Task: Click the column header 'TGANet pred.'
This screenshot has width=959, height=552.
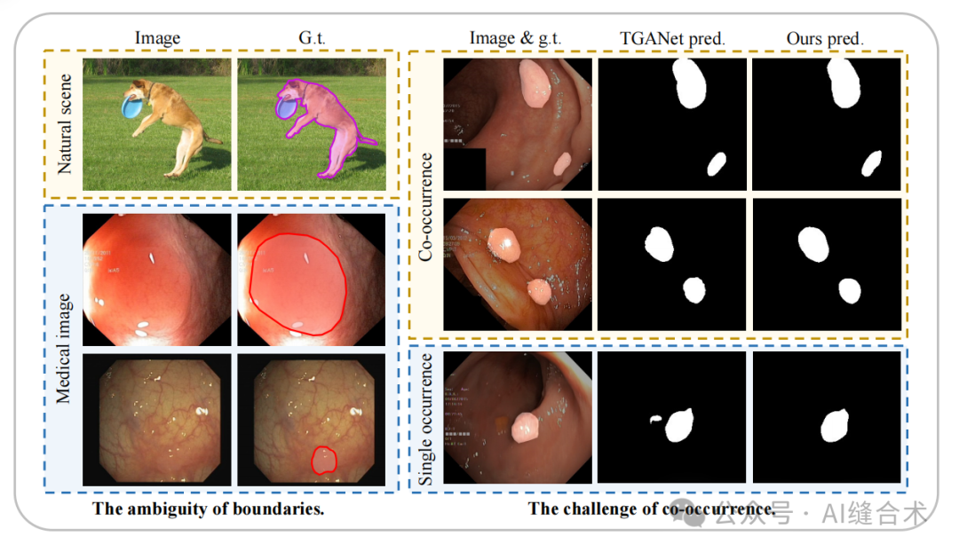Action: (672, 38)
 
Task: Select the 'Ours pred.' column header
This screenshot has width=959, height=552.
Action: (825, 38)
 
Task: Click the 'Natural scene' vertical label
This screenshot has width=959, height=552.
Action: (64, 123)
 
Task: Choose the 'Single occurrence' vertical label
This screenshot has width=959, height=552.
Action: (426, 420)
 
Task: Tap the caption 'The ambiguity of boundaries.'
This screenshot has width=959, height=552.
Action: (209, 509)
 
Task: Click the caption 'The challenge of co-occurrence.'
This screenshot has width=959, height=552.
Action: (652, 509)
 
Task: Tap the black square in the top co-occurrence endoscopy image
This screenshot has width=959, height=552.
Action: (464, 169)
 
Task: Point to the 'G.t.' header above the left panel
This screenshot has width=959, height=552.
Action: (311, 38)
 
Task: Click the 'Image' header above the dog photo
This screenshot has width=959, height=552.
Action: (157, 38)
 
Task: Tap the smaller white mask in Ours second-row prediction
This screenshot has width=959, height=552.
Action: (850, 290)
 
